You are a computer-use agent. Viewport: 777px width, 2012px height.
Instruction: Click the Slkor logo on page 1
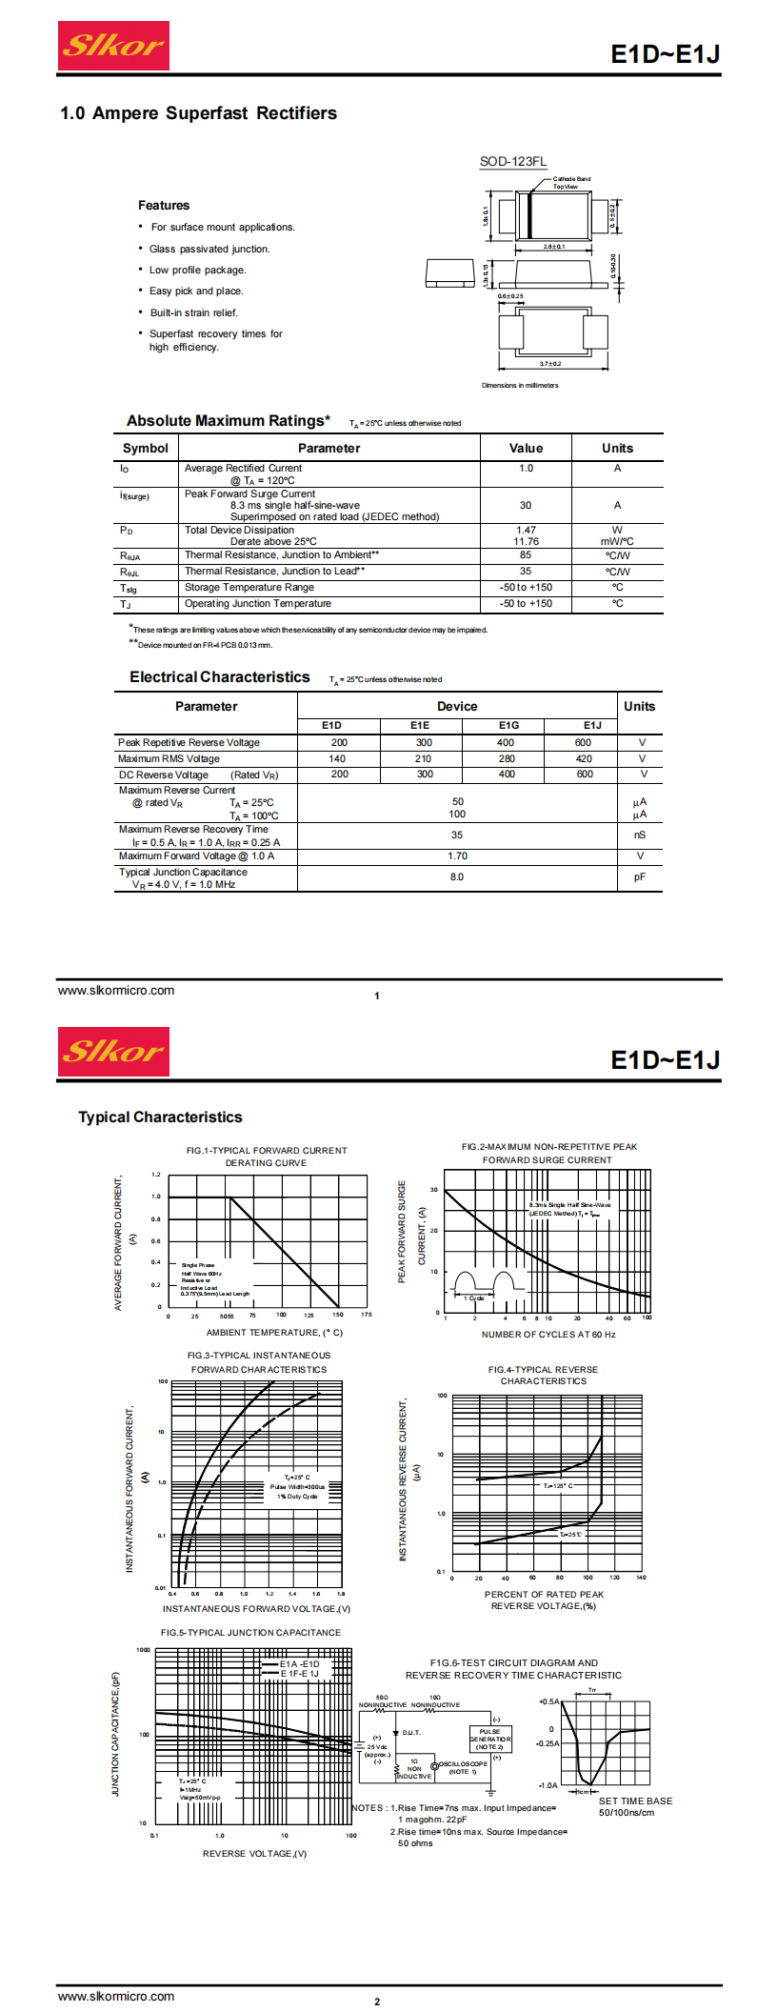113,46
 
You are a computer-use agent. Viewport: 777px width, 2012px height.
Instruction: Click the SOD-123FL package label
512,161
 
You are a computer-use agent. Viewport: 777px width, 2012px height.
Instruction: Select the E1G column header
508,725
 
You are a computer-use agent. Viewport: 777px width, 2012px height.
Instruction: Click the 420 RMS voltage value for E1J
584,758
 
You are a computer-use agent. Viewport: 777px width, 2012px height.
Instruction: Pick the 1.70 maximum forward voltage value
457,855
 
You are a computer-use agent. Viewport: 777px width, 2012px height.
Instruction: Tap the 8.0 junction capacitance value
457,876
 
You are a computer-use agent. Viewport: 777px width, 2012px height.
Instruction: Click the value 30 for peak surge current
526,505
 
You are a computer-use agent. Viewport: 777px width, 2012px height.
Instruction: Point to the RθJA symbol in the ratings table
129,555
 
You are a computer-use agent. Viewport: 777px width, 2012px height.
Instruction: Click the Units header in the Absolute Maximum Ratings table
617,448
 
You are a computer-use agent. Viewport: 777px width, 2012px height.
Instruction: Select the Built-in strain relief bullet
193,312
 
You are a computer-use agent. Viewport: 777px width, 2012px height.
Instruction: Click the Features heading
164,205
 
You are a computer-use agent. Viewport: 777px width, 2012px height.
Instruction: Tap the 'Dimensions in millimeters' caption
520,385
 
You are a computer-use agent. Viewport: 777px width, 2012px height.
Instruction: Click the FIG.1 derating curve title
267,1156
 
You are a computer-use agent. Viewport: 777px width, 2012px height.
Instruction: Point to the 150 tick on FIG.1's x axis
337,1315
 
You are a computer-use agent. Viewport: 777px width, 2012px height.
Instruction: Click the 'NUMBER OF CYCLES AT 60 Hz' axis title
548,1334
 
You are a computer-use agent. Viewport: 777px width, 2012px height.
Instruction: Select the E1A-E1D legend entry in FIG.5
299,1663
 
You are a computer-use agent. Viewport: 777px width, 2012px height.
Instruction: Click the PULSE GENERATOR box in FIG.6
490,1739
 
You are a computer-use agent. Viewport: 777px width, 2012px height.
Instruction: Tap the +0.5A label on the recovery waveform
548,1701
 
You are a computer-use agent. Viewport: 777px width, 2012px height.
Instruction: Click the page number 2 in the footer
377,2002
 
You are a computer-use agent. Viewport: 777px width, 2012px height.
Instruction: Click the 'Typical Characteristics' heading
160,1117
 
